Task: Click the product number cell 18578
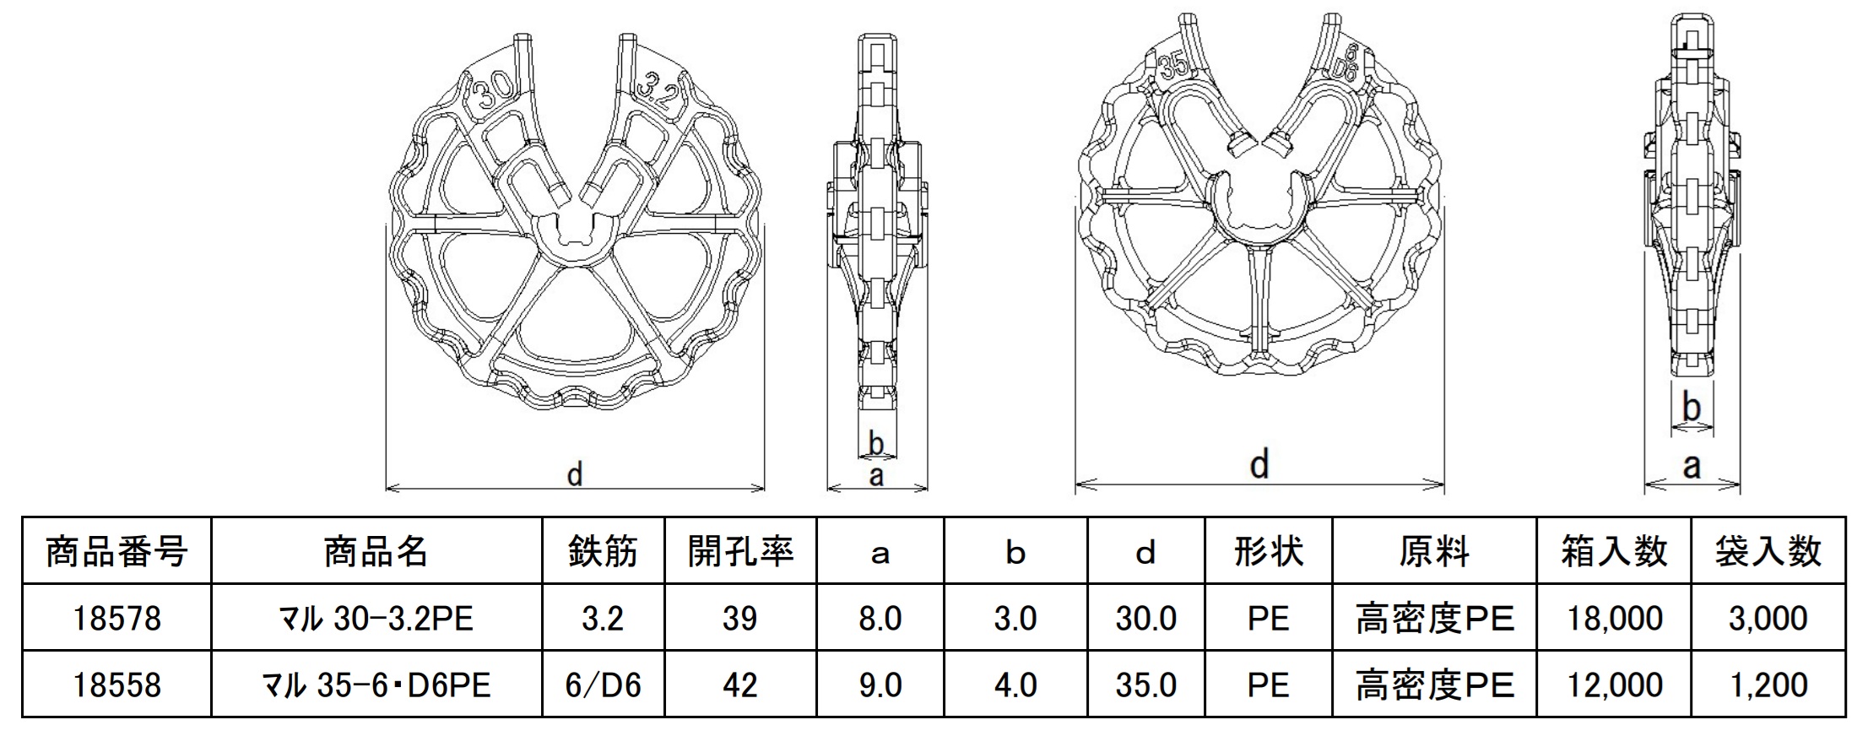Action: click(x=116, y=619)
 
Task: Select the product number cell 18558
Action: click(x=116, y=685)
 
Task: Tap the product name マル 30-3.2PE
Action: click(x=376, y=619)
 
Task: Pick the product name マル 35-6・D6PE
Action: click(x=376, y=685)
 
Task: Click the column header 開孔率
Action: click(x=740, y=552)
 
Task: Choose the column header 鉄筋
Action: click(x=603, y=552)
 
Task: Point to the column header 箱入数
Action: click(x=1614, y=552)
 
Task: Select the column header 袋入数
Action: click(x=1768, y=552)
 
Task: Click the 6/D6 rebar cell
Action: click(x=603, y=685)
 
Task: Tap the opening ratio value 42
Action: click(x=740, y=685)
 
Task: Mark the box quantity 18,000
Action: click(x=1614, y=619)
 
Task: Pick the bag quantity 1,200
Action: click(x=1768, y=685)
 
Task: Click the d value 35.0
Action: click(x=1145, y=685)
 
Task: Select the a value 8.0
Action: click(x=880, y=619)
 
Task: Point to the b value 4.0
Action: click(x=1015, y=685)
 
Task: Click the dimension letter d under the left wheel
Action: click(x=575, y=474)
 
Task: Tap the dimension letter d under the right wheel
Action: click(x=1259, y=464)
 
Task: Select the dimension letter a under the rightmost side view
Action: click(x=1692, y=466)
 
